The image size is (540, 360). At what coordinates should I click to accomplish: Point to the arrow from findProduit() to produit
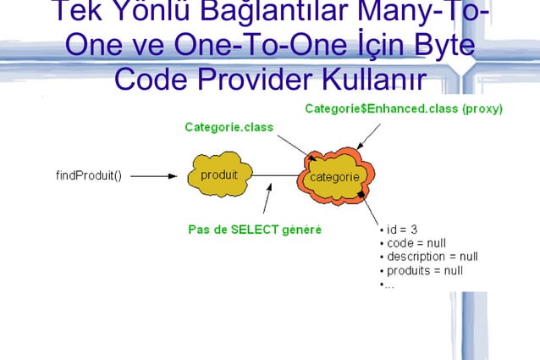tap(154, 176)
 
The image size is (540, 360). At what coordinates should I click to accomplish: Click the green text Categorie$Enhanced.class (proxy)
tap(403, 108)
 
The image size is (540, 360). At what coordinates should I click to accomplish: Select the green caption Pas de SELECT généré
tap(254, 230)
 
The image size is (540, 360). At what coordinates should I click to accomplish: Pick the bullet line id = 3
tap(399, 230)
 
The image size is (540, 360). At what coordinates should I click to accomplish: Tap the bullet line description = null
tap(429, 257)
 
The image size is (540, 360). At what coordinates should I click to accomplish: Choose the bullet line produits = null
tap(422, 270)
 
